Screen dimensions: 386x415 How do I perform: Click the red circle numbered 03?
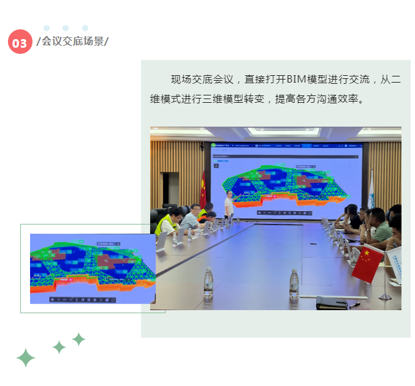20,42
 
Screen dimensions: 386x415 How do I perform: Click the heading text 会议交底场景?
72,42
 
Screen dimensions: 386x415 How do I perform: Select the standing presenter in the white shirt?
229,206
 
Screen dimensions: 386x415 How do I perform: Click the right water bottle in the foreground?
294,284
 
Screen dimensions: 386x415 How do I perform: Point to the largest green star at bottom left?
25,357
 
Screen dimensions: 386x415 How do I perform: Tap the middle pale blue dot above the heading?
66,28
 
